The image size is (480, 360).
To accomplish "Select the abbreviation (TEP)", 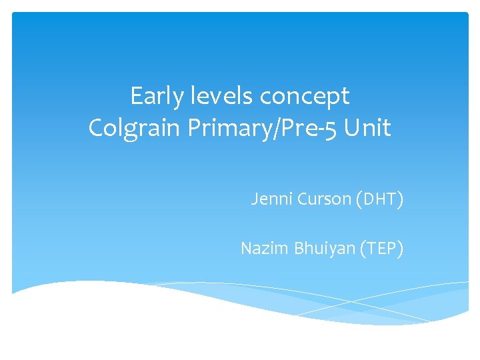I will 380,249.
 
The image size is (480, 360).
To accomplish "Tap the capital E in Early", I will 136,97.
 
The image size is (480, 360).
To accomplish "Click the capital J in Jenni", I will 254,199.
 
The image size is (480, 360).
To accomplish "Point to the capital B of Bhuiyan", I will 297,249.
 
